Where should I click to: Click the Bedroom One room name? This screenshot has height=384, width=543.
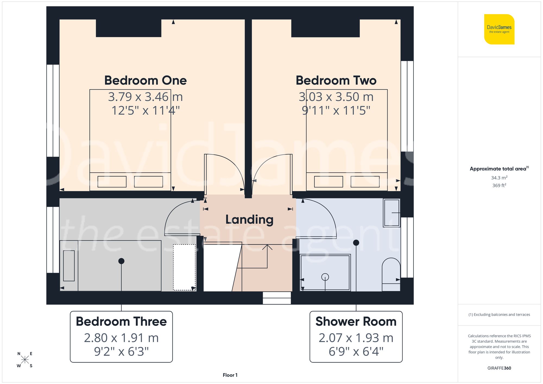(x=146, y=81)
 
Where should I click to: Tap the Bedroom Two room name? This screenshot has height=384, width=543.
(x=336, y=81)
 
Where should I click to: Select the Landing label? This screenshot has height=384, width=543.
(x=249, y=220)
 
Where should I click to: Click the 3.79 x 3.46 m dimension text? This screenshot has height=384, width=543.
(x=145, y=97)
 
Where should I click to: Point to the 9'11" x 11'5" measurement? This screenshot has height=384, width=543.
(x=336, y=111)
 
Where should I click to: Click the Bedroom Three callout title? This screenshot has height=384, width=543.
(x=121, y=322)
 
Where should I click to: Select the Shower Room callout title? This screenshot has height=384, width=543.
(x=356, y=322)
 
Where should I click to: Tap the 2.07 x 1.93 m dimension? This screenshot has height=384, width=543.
(x=356, y=338)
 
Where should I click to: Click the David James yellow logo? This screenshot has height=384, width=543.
(x=499, y=29)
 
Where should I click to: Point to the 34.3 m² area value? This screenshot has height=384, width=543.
(x=499, y=178)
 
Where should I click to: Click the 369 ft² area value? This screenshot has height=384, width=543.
(x=499, y=185)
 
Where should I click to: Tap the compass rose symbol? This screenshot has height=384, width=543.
(x=25, y=360)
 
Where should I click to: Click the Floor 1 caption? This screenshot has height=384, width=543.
(x=230, y=375)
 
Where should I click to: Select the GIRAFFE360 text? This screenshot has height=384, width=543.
(x=499, y=368)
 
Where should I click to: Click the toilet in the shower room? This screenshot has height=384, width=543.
(x=391, y=274)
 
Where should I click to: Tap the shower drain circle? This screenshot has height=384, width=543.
(x=325, y=277)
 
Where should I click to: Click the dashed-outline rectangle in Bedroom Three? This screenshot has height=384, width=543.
(x=184, y=267)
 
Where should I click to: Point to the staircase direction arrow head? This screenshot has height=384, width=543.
(x=267, y=246)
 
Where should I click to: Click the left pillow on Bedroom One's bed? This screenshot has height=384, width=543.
(x=112, y=182)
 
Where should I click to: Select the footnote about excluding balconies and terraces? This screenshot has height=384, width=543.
(x=499, y=315)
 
